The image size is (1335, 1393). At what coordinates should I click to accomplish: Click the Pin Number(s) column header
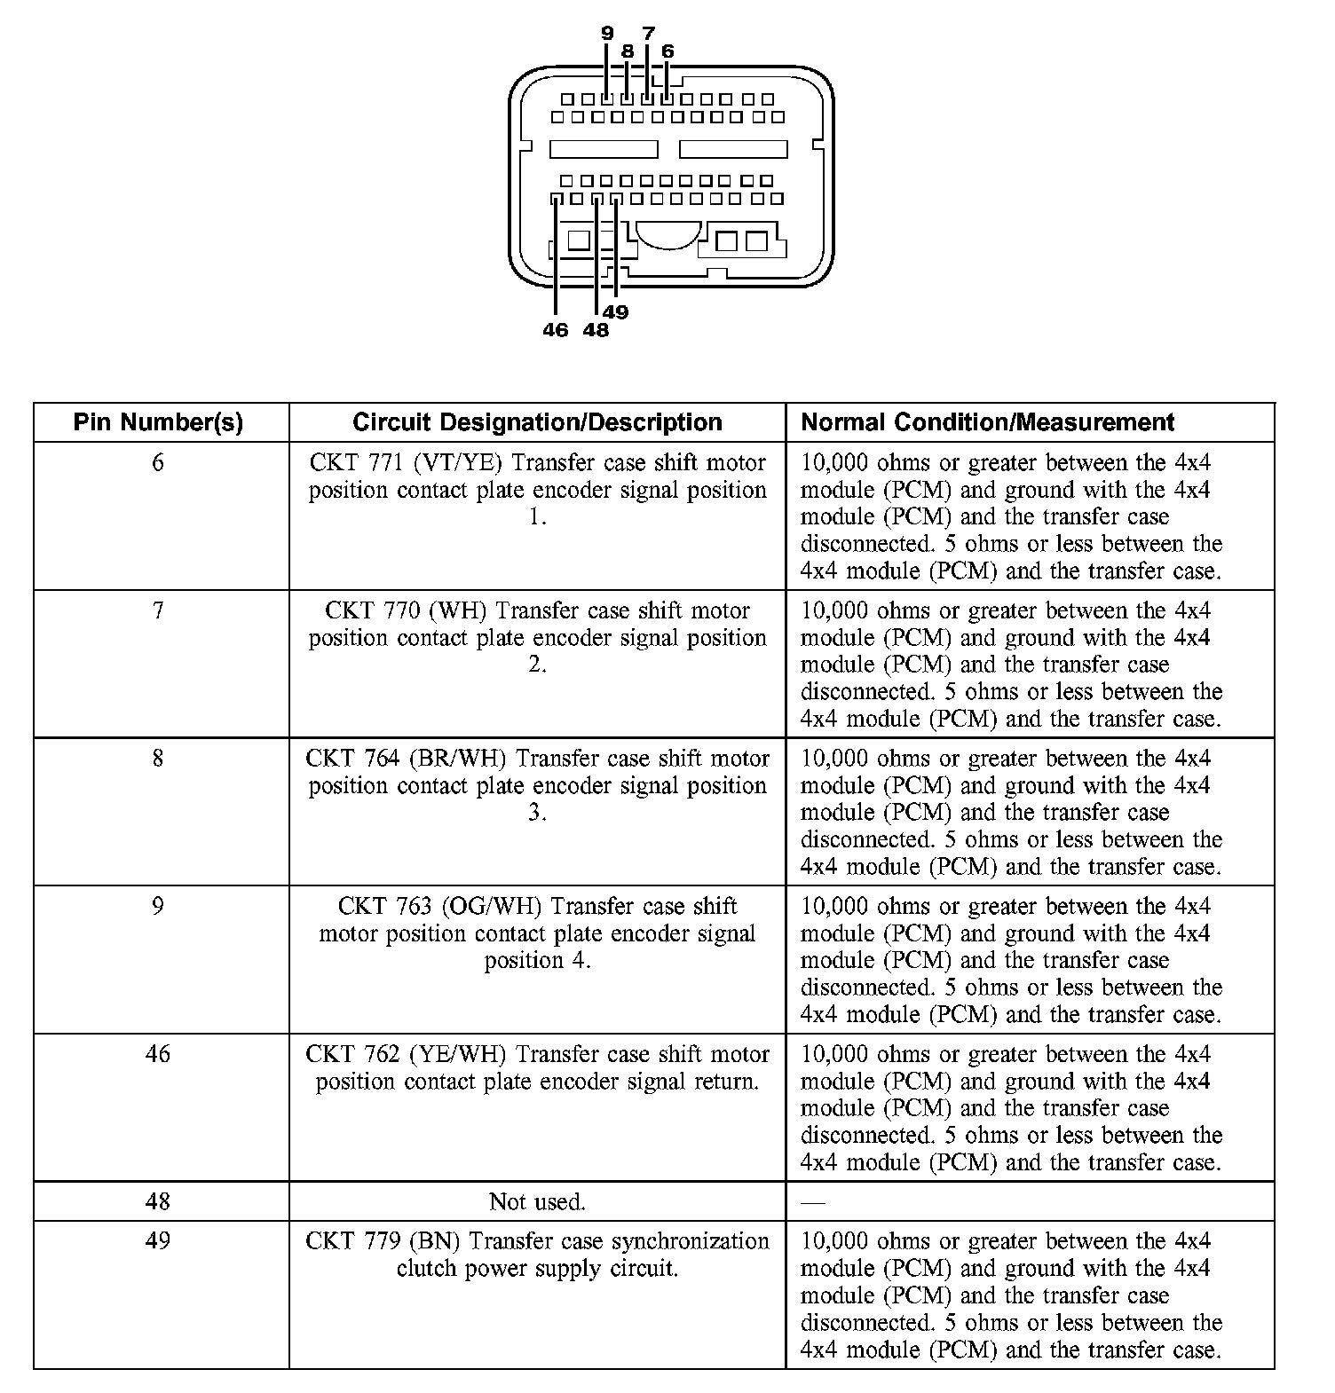[x=158, y=422]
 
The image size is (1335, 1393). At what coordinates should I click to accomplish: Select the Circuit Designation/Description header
[x=537, y=422]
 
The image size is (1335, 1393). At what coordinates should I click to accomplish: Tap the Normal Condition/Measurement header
[x=987, y=422]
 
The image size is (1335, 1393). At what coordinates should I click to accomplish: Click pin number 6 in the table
[x=158, y=462]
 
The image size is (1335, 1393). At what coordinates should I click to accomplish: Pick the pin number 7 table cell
[x=158, y=610]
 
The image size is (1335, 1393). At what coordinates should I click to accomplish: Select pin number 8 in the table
[x=158, y=759]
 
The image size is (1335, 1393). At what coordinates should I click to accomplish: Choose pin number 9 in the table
[x=158, y=906]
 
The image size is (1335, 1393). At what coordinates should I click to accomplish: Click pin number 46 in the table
[x=158, y=1054]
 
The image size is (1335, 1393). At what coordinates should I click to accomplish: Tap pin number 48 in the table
[x=158, y=1201]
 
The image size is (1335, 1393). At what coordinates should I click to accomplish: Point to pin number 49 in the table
[x=158, y=1240]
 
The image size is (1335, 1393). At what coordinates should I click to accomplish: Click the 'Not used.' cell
[x=537, y=1202]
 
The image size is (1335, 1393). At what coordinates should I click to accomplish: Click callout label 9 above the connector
[x=607, y=34]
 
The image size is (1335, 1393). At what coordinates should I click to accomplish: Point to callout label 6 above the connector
[x=667, y=51]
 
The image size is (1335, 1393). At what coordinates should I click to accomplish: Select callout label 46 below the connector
[x=555, y=330]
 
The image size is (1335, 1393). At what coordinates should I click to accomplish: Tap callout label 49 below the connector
[x=616, y=312]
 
